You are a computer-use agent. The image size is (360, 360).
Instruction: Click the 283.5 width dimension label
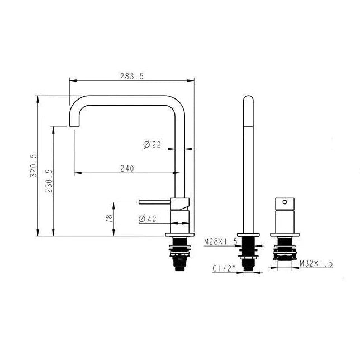click(132, 76)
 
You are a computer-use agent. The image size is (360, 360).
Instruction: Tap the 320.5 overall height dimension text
click(34, 166)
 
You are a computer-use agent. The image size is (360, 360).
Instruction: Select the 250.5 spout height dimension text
click(49, 181)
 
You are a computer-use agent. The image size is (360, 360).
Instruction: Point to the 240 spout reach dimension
click(127, 168)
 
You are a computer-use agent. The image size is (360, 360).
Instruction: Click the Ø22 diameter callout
click(152, 144)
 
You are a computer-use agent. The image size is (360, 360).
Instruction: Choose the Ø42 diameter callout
click(148, 219)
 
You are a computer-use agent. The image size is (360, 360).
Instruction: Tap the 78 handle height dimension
click(110, 219)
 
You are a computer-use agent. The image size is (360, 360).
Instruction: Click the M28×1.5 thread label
click(221, 241)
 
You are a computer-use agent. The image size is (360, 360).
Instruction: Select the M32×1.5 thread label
click(316, 264)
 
